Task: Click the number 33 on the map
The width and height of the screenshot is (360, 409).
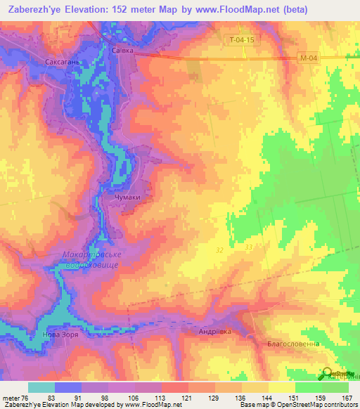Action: pyautogui.click(x=248, y=247)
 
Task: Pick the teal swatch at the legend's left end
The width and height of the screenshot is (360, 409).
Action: pyautogui.click(x=41, y=387)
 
